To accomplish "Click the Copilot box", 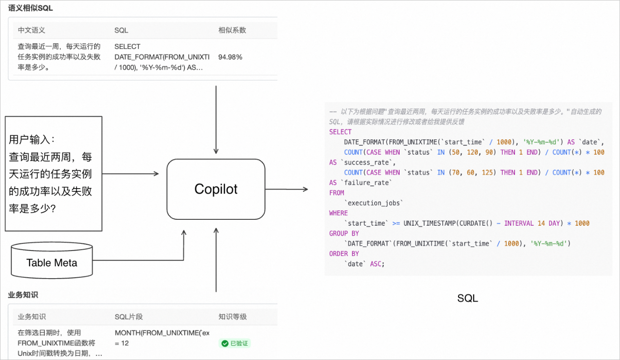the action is (x=216, y=189).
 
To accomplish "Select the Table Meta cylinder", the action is (x=52, y=261).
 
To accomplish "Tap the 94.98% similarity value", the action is (x=230, y=57).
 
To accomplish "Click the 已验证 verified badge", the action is (x=234, y=343).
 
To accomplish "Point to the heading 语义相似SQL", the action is (x=30, y=8).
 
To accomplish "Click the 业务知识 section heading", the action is (x=23, y=295).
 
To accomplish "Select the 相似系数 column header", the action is (x=232, y=30).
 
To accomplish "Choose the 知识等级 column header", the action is (x=232, y=317).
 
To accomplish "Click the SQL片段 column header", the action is (x=129, y=317).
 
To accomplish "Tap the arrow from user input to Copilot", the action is (x=130, y=174).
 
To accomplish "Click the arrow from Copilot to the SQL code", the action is (x=286, y=189).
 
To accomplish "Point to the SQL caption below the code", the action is (x=467, y=298).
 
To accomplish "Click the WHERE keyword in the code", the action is (x=338, y=213).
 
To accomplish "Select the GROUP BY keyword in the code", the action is (x=344, y=233).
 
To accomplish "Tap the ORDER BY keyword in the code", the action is (x=344, y=254).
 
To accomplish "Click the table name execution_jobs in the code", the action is (x=374, y=203).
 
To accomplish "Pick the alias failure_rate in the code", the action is (x=366, y=183).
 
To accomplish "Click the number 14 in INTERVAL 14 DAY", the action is (x=541, y=223).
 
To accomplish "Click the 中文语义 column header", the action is (x=32, y=30).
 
